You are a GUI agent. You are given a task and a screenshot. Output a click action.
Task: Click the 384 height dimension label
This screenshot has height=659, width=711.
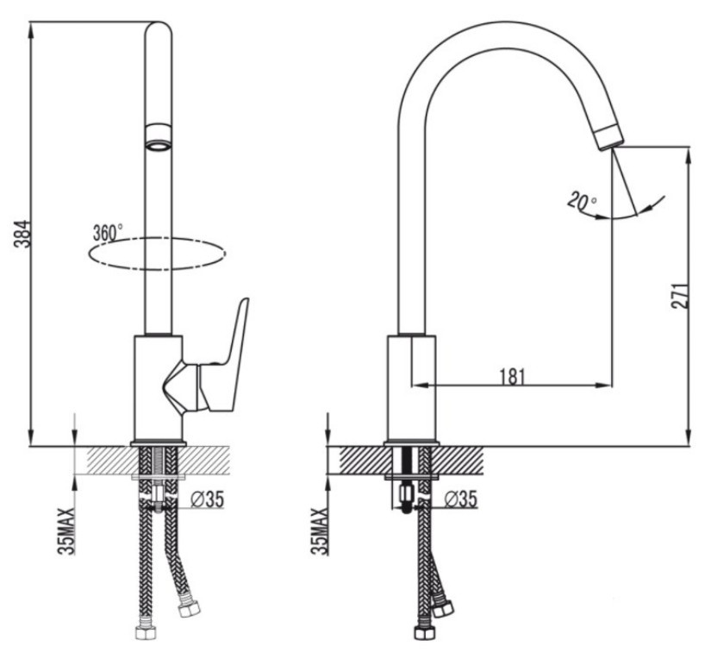pyautogui.click(x=22, y=234)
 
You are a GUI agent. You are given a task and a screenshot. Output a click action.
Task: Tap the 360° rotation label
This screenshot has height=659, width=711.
pyautogui.click(x=108, y=232)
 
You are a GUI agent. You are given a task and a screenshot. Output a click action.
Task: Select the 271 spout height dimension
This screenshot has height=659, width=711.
pyautogui.click(x=680, y=297)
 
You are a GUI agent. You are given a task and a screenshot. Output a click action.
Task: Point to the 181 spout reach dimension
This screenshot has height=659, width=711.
pyautogui.click(x=513, y=377)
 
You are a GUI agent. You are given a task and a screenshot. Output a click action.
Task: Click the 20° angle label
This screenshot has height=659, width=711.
pyautogui.click(x=583, y=200)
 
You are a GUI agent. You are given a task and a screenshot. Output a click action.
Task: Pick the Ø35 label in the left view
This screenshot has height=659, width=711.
pyautogui.click(x=207, y=499)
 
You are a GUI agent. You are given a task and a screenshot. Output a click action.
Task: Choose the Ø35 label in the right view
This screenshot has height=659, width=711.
pyautogui.click(x=461, y=499)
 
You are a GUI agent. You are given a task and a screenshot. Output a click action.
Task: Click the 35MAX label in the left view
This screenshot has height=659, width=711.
pyautogui.click(x=66, y=531)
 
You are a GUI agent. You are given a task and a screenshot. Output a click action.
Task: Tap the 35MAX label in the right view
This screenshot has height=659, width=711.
pyautogui.click(x=319, y=531)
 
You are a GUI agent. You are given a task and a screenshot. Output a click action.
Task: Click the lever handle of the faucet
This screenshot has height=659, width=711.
pyautogui.click(x=222, y=359)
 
